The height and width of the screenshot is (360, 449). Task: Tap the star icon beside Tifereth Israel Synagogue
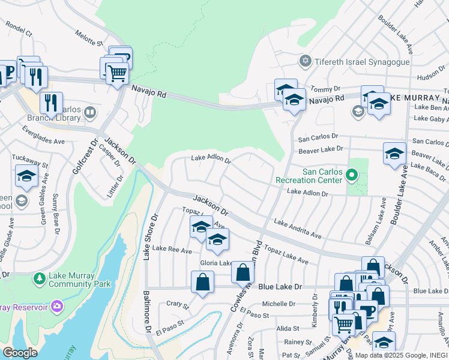[x=306, y=62]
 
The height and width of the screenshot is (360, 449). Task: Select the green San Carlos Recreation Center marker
[x=352, y=176]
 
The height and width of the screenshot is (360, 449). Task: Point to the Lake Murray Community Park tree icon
[x=40, y=279]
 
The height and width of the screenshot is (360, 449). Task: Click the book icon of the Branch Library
[x=89, y=112]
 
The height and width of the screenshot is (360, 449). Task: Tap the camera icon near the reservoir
[x=57, y=307]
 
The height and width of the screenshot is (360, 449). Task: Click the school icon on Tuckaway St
[x=27, y=176]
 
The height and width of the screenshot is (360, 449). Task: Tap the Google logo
[x=20, y=353]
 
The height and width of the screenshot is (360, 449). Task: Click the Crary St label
[x=177, y=305]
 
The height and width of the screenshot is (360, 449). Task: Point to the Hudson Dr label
[x=432, y=76]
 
